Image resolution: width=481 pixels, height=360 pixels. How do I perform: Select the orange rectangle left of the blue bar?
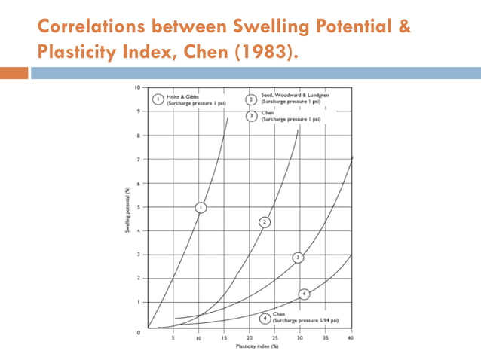tap(14, 73)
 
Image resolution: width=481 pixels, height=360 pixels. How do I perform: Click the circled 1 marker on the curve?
tap(201, 207)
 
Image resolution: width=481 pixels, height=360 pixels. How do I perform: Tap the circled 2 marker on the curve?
tap(265, 222)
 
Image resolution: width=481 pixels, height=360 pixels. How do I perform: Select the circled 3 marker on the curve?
tap(299, 258)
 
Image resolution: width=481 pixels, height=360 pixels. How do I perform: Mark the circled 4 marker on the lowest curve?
tap(304, 293)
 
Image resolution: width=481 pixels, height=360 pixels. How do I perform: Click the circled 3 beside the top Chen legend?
tap(250, 116)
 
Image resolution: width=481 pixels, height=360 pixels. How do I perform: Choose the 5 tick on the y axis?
tap(138, 206)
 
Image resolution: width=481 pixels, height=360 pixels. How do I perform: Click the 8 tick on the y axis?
tap(138, 136)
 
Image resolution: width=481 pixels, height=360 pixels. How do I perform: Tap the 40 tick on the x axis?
tap(351, 339)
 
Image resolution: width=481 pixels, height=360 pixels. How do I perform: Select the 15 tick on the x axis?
tap(224, 339)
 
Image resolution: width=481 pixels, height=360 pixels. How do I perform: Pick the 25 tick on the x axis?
tap(274, 339)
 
